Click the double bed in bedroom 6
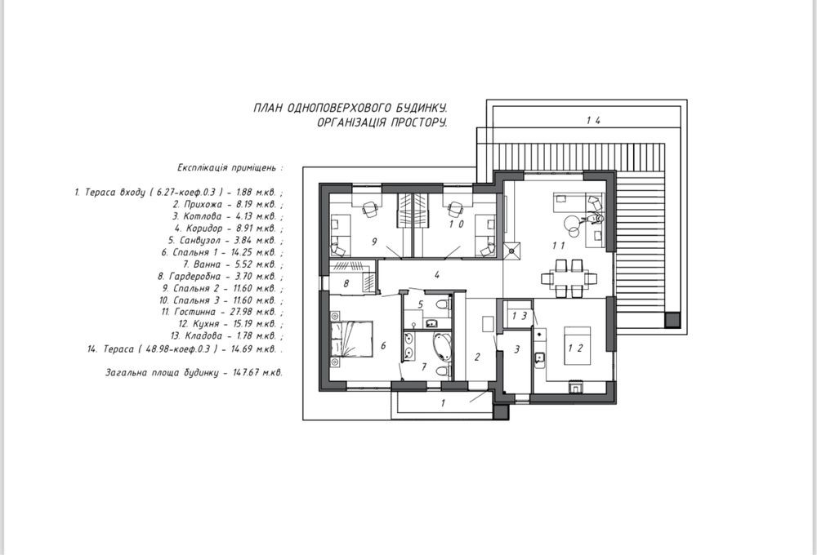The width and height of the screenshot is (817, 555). click(351, 339)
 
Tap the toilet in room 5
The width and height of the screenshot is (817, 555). click(442, 305)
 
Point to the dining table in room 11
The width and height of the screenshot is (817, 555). click(568, 278)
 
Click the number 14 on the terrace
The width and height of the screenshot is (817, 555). click(593, 120)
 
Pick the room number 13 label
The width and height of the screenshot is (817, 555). click(520, 316)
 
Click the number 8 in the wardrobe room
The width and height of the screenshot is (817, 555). click(346, 284)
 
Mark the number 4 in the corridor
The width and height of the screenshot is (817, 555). click(436, 274)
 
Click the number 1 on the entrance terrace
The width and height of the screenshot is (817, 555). click(443, 402)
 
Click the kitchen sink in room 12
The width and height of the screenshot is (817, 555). click(540, 357)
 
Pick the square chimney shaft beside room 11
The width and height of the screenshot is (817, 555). click(511, 250)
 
